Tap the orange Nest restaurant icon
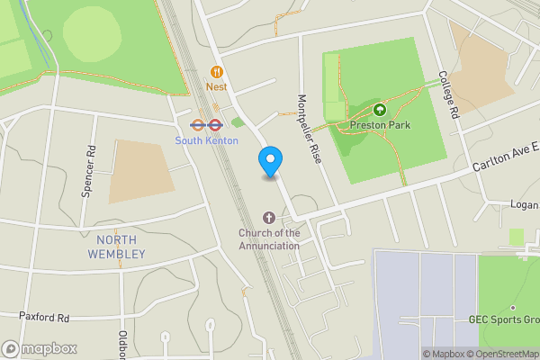[x=216, y=72]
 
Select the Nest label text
[x=216, y=87]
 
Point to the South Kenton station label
[x=206, y=140]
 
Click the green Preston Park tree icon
[x=379, y=110]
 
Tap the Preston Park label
[x=381, y=125]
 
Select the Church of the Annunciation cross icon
[x=268, y=218]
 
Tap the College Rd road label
[x=449, y=95]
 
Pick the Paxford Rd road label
[x=44, y=317]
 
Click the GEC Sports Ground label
[x=504, y=319]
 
